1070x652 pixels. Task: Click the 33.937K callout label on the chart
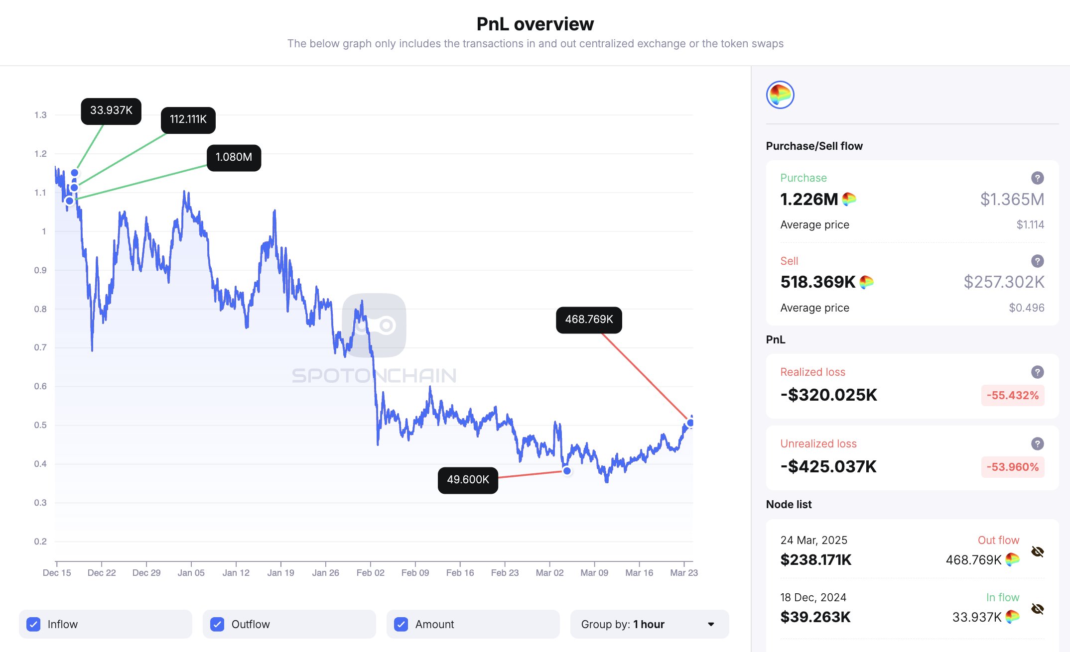coord(111,111)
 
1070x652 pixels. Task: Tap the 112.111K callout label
coord(188,120)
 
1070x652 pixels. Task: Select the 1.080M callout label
coord(234,158)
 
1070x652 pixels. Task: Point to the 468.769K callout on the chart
coord(589,320)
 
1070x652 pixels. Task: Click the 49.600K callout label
coord(468,480)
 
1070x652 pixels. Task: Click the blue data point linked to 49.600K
coord(567,471)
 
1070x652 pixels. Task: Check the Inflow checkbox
coord(34,624)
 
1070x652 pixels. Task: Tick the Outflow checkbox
coord(217,624)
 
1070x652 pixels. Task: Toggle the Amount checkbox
coord(401,624)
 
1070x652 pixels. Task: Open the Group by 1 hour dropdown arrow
coord(711,624)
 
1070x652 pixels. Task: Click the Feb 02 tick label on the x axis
coord(370,573)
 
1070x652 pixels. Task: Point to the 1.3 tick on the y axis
coord(40,115)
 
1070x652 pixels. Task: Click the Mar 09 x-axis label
coord(594,573)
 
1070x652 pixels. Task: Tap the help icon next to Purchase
coord(1037,178)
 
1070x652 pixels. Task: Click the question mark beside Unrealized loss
coord(1037,443)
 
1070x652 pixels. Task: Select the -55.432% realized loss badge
coord(1012,396)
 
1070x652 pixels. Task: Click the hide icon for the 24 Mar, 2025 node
coord(1037,551)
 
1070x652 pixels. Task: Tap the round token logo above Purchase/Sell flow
coord(780,95)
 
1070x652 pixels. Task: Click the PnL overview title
coord(535,24)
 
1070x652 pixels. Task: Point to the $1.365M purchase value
coord(1012,200)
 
